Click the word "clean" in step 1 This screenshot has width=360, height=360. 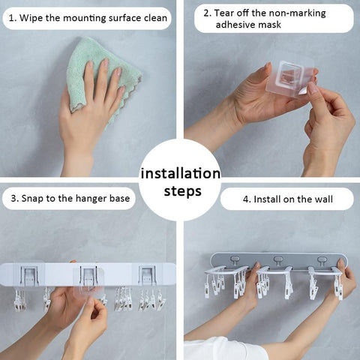155,18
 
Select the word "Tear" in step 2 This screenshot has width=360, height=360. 224,13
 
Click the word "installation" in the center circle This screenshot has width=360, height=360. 181,173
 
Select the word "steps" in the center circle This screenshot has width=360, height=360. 182,192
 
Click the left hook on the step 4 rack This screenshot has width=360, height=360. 235,261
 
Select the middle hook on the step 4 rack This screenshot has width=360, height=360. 278,261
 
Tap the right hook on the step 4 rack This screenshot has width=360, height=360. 322,261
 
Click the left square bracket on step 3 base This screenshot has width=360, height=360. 29,276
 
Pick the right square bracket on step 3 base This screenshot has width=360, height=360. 148,276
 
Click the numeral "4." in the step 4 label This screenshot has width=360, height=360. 247,199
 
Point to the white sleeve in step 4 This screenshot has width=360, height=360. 223,349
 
